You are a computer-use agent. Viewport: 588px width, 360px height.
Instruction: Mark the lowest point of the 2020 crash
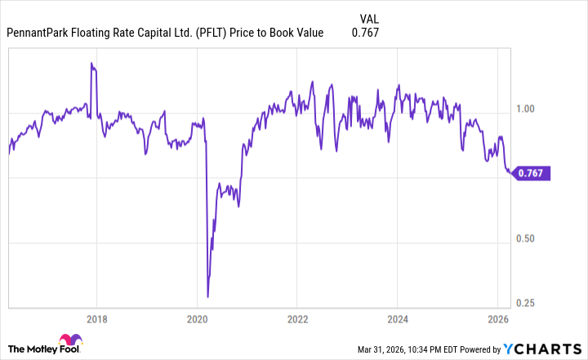point(207,296)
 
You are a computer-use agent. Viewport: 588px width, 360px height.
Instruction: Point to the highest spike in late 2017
point(91,64)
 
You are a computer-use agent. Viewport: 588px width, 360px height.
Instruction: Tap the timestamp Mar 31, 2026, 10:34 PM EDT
point(425,350)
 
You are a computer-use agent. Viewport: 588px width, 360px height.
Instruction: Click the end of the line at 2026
point(512,173)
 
